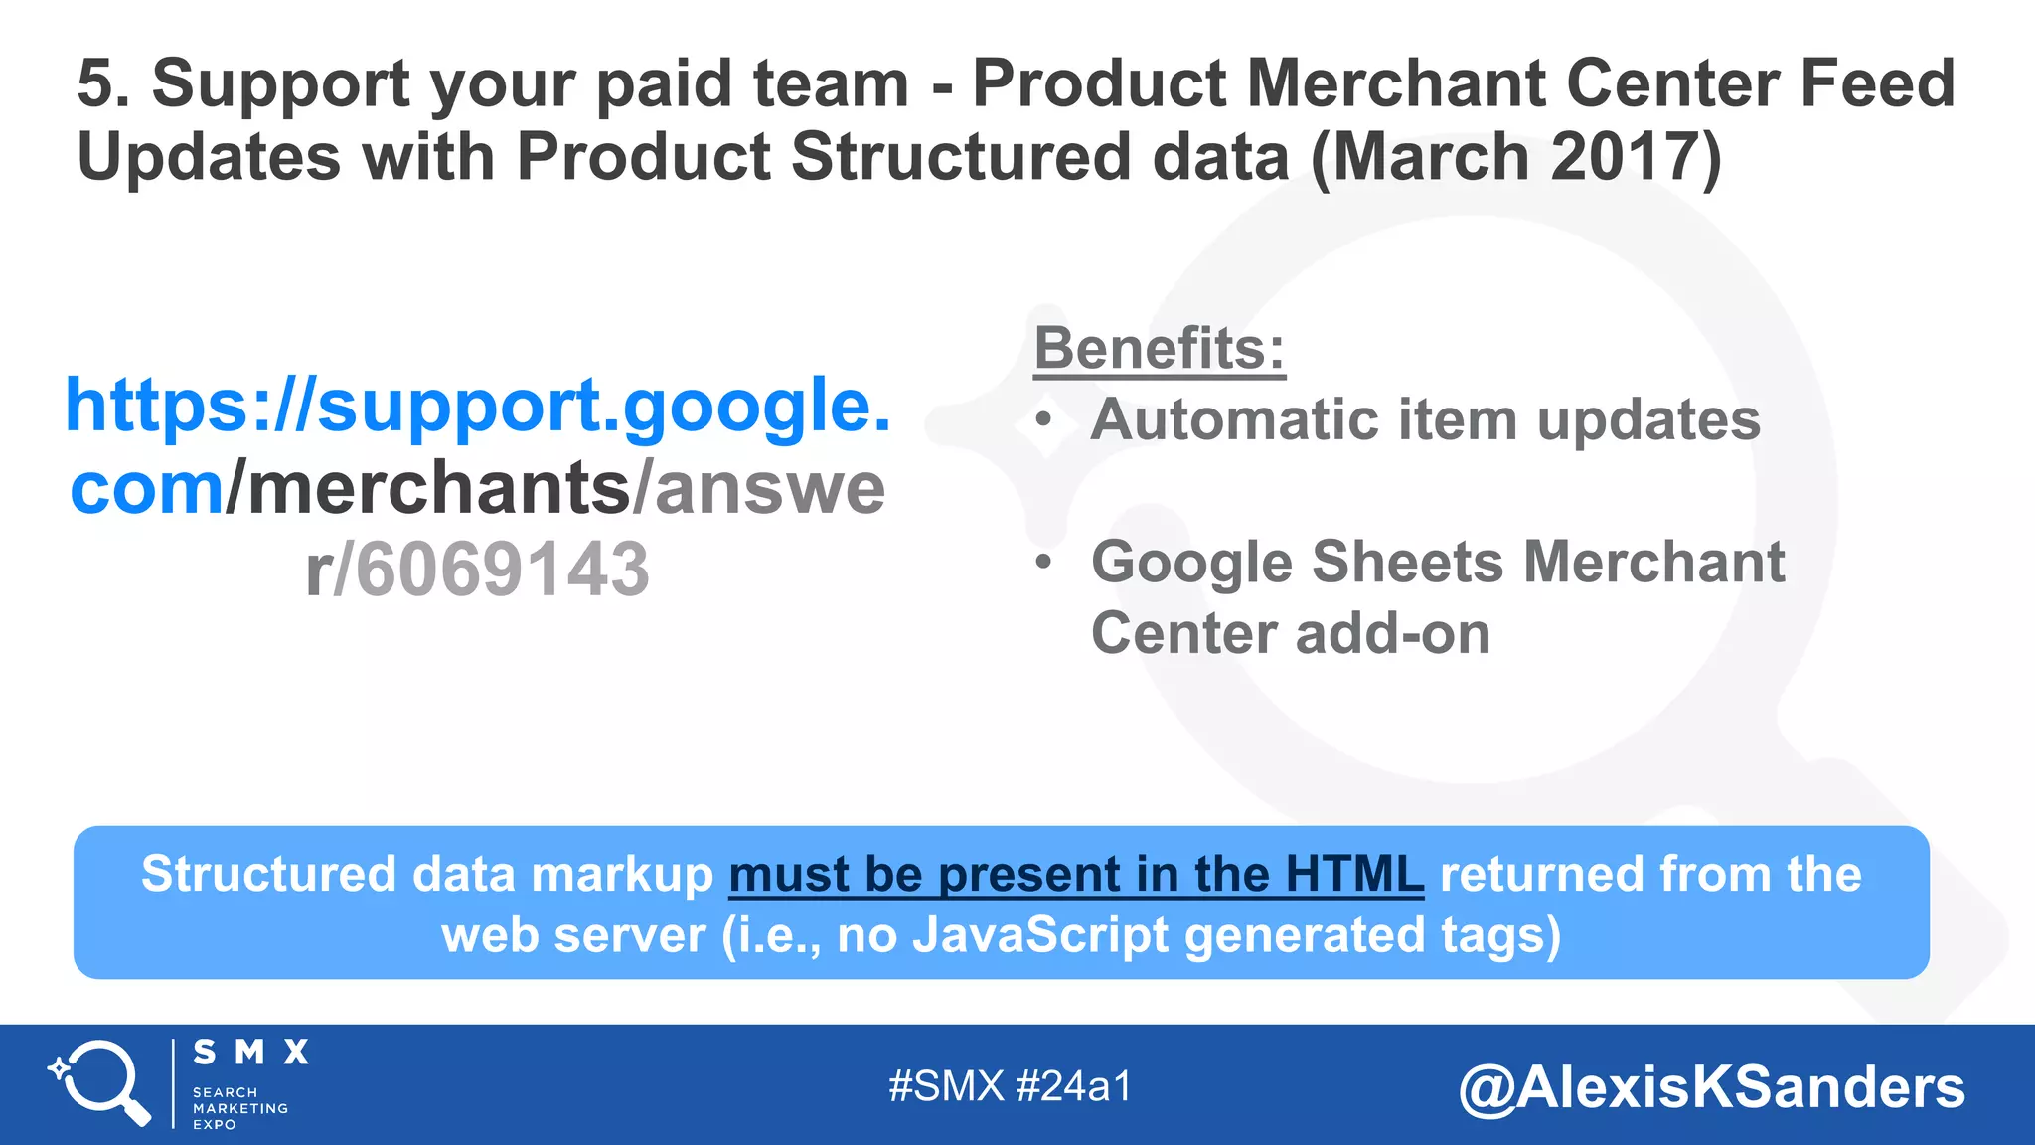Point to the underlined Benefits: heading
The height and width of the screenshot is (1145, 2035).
coord(1160,349)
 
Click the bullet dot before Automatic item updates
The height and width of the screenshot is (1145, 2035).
coord(1042,420)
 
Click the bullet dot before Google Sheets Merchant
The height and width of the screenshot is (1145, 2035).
coord(1042,563)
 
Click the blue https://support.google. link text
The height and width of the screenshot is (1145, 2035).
coord(478,406)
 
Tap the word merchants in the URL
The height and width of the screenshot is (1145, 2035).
coord(438,488)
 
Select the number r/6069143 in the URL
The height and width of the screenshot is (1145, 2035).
coord(478,570)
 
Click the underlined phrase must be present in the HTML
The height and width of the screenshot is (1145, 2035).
coord(1076,875)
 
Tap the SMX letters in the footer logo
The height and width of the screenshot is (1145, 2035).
coord(250,1053)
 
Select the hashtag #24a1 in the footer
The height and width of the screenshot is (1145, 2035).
coord(1074,1086)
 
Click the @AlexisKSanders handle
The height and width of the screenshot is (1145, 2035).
coord(1711,1087)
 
